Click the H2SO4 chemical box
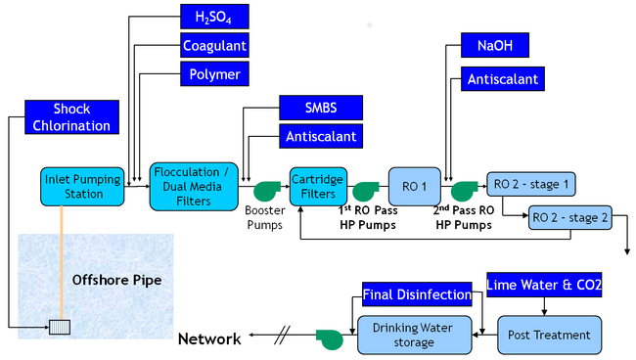tap(214, 17)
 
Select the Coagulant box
tap(214, 45)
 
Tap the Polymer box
tap(214, 73)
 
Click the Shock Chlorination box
tap(71, 117)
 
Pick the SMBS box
tap(321, 108)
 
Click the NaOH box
tap(495, 45)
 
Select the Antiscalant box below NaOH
tap(503, 78)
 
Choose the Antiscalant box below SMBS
tap(321, 136)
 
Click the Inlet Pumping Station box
tap(82, 187)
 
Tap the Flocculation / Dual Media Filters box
tap(194, 187)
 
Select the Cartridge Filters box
tap(318, 187)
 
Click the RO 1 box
tap(415, 187)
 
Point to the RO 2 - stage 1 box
tap(531, 184)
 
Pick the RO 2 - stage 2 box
tap(569, 218)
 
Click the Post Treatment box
tap(549, 336)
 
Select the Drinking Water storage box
tap(415, 336)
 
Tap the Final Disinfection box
tap(417, 294)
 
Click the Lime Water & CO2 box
tap(544, 285)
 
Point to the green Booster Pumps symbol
tap(266, 191)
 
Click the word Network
tap(209, 338)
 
